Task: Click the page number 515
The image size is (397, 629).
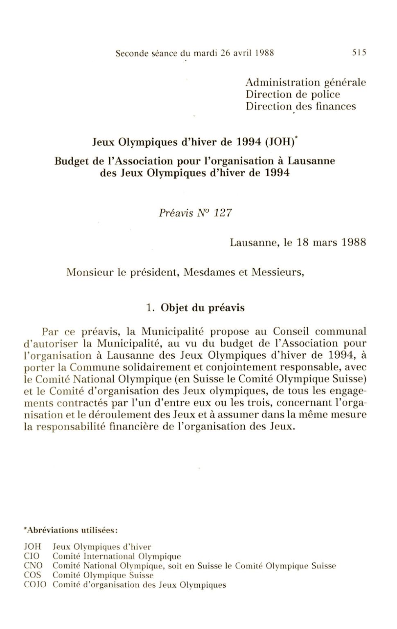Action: (359, 53)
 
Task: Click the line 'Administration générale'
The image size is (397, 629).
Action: (306, 83)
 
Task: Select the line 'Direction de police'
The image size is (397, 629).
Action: (293, 94)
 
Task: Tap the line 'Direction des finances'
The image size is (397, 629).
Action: (301, 106)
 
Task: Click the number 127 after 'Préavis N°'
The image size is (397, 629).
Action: (223, 213)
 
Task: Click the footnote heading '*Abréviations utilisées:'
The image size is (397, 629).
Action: (71, 530)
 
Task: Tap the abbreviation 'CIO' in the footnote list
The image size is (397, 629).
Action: (32, 556)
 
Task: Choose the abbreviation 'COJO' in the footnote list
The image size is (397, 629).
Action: (35, 585)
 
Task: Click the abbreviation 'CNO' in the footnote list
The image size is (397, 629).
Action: (33, 566)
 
